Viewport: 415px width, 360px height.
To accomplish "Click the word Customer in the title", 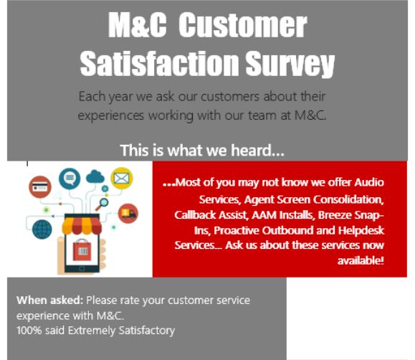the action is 243,25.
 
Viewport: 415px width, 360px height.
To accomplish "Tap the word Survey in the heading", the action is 290,65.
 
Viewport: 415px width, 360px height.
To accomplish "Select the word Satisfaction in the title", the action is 159,64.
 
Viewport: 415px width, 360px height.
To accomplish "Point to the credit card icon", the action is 40,187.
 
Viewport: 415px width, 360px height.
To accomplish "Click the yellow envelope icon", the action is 122,179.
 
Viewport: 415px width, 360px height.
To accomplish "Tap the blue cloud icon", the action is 95,176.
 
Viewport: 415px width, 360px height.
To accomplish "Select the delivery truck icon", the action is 128,213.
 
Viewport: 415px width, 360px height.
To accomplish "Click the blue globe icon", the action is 42,229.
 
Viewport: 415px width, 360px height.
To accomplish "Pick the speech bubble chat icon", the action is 70,179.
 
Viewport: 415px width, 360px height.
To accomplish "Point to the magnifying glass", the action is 102,204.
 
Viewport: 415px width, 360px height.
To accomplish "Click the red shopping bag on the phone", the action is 82,250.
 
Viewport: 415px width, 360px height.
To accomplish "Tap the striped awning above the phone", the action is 82,226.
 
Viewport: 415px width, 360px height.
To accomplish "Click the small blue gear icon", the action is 105,189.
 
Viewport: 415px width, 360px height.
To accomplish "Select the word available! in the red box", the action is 361,260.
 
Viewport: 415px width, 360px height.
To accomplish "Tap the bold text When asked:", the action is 49,300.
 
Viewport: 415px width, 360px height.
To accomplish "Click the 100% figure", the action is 29,331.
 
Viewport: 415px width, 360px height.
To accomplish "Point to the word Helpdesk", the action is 361,230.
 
